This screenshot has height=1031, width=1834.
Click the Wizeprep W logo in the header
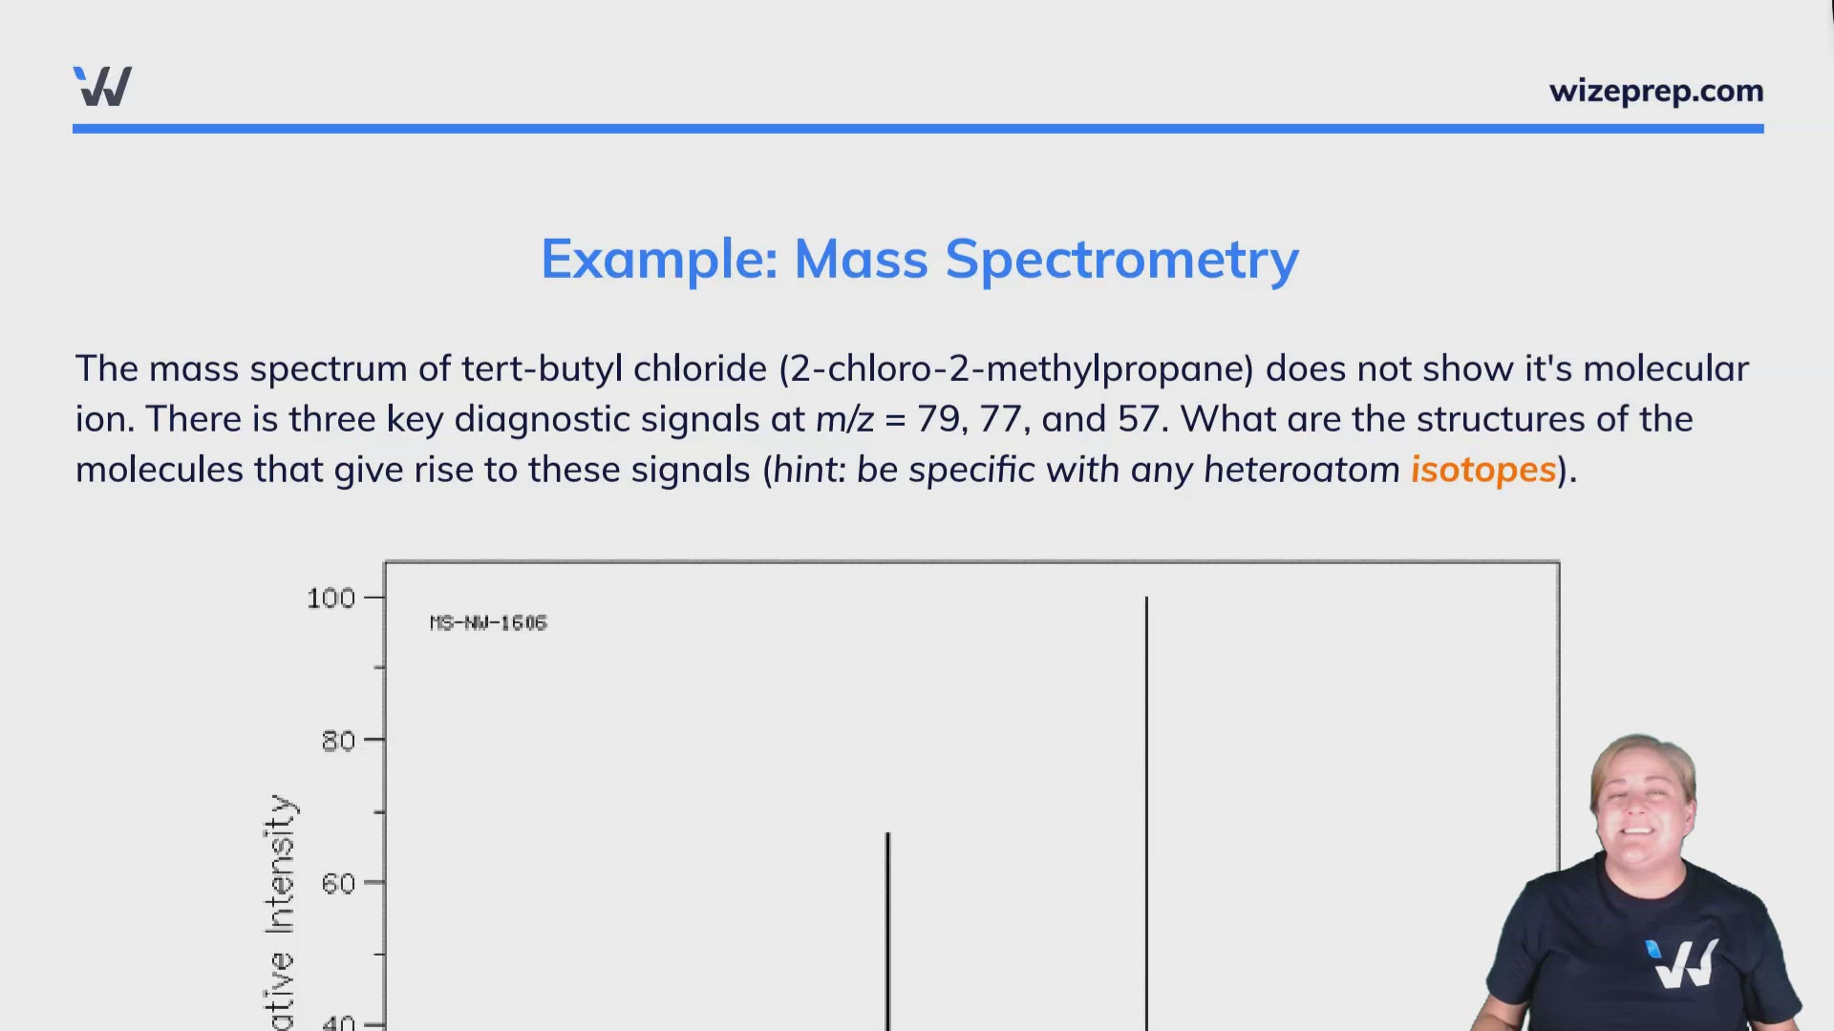102,87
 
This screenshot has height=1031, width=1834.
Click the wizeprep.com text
1655,92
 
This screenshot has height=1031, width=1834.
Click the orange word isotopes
1483,470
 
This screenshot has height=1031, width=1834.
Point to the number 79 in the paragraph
940,419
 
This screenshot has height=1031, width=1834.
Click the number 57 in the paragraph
1138,419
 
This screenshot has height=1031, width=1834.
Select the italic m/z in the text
844,419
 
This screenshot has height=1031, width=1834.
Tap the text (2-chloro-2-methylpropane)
1016,368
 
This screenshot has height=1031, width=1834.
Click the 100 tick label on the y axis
331,599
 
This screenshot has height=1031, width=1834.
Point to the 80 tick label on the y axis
338,741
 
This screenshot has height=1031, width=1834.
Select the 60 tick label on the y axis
338,884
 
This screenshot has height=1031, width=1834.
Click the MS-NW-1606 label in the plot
488,623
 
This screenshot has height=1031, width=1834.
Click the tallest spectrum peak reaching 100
1146,811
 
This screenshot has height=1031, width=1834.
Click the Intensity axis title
279,864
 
